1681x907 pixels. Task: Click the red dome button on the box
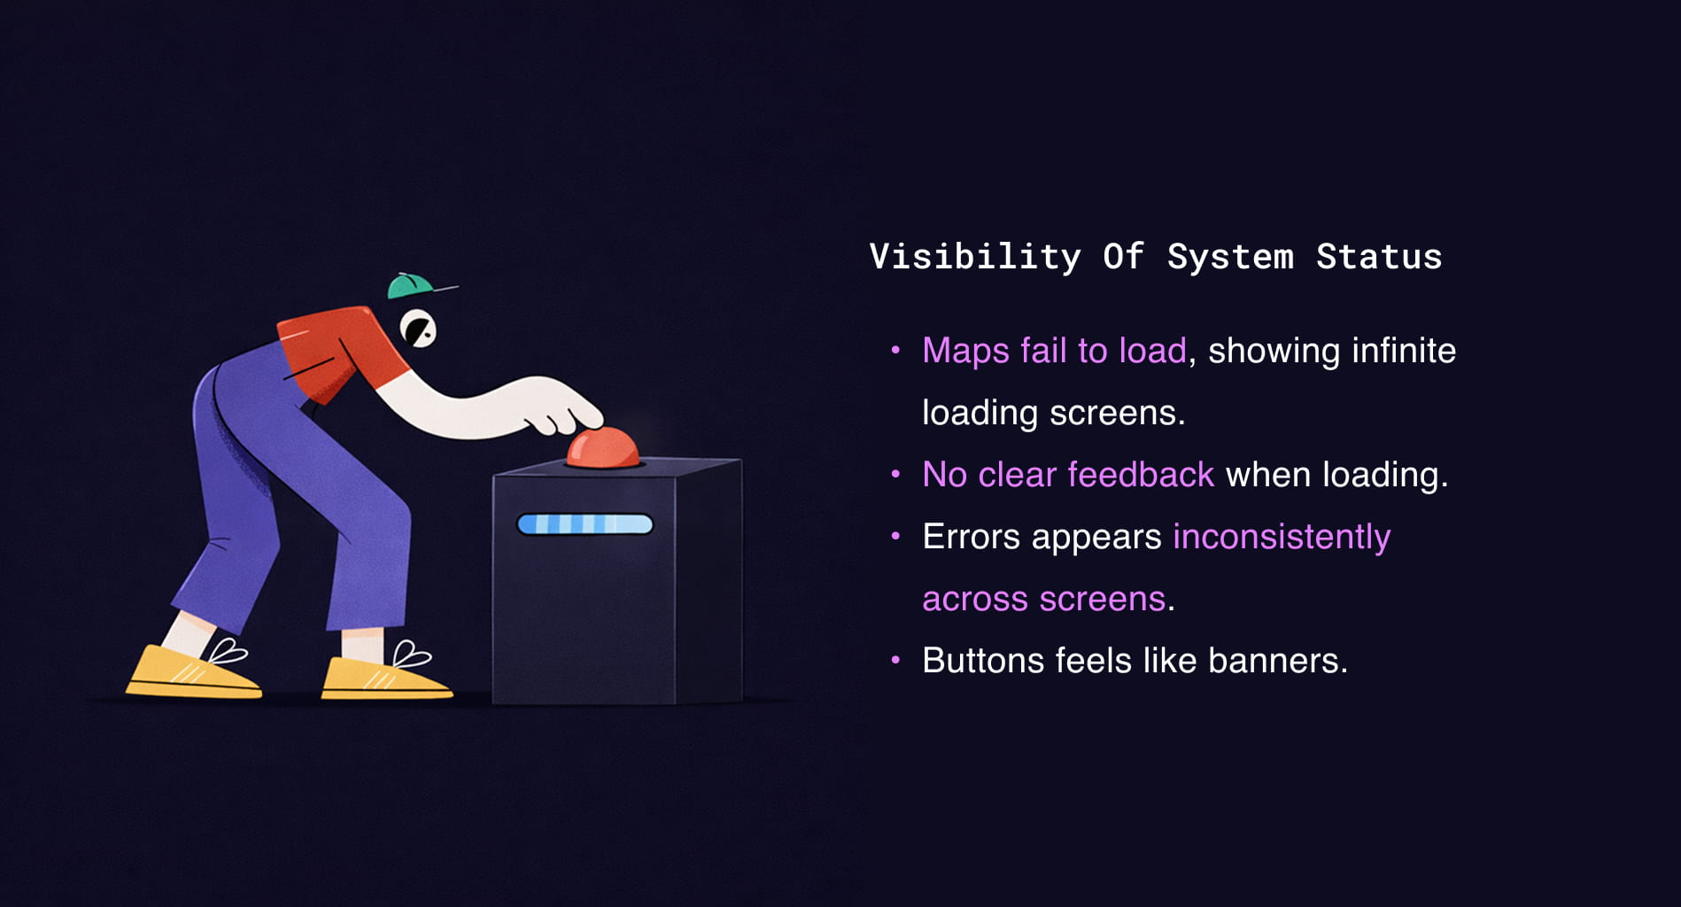coord(603,448)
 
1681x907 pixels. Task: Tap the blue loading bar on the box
coord(585,524)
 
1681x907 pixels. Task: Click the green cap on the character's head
coord(409,286)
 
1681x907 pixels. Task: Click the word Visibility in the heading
coord(975,257)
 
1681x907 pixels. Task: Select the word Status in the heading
coord(1379,257)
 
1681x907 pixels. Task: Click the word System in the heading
coord(1230,257)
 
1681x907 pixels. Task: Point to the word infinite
coord(1404,351)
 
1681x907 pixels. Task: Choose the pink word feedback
coord(1141,475)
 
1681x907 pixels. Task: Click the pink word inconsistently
coord(1282,538)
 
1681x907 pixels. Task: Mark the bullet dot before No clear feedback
coord(895,475)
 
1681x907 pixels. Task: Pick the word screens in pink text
coord(1102,600)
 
